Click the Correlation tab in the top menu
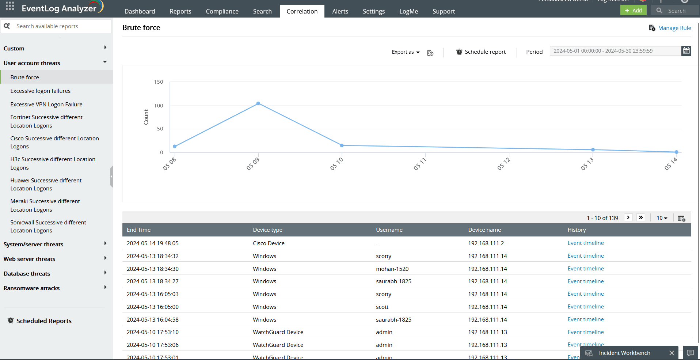pos(302,11)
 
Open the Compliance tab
pos(222,11)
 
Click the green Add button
pos(633,10)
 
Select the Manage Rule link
pos(674,28)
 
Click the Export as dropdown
pos(406,52)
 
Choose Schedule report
pos(481,52)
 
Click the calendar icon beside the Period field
pos(686,51)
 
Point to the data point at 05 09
pos(258,103)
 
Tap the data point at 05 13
pos(593,149)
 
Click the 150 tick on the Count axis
pos(159,82)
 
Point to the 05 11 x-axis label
pos(420,164)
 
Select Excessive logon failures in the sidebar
pos(41,91)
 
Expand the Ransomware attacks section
pos(105,288)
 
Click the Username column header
pos(389,230)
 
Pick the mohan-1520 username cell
pos(392,269)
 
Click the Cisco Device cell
pos(269,243)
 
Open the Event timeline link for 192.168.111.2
pos(585,243)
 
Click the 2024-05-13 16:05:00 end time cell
pos(153,307)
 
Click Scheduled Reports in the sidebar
pos(44,321)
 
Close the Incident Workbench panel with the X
pos(671,353)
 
